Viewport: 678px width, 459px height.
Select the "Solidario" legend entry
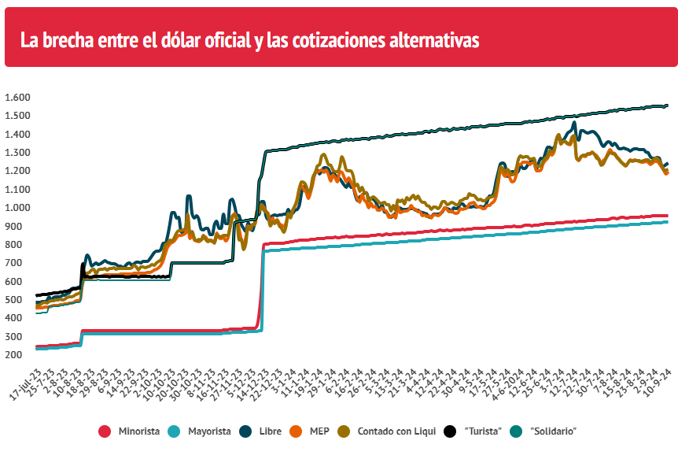[554, 431]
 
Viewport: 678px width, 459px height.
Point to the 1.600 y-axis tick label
[17, 98]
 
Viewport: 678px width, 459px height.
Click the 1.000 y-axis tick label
[17, 208]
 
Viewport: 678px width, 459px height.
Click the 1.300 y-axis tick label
[17, 153]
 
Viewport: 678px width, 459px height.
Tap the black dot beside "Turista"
[450, 431]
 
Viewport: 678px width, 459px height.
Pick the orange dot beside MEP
[297, 431]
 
